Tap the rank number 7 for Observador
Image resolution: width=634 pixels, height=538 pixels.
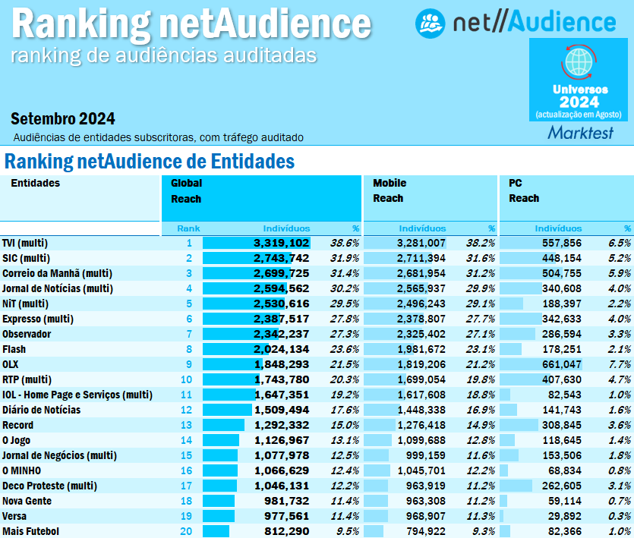pyautogui.click(x=189, y=334)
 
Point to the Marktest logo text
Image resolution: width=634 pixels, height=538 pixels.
pyautogui.click(x=581, y=133)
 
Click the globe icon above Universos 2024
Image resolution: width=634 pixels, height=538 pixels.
pyautogui.click(x=580, y=61)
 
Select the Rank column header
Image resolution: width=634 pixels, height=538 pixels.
pyautogui.click(x=188, y=228)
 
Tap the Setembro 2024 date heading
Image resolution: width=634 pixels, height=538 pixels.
pyautogui.click(x=63, y=119)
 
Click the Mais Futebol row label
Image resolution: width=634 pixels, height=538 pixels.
pyautogui.click(x=30, y=531)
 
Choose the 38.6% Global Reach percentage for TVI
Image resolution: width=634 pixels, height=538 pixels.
pyautogui.click(x=345, y=243)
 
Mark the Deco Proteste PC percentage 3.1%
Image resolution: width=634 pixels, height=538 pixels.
pyautogui.click(x=620, y=486)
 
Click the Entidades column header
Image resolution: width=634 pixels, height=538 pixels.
pyautogui.click(x=35, y=183)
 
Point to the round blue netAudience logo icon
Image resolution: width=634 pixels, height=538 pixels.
pyautogui.click(x=431, y=23)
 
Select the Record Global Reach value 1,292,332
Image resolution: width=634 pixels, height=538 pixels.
pyautogui.click(x=281, y=425)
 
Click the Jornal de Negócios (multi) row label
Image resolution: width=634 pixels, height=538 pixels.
pyautogui.click(x=59, y=455)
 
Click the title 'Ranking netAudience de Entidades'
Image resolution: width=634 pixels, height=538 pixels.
pyautogui.click(x=150, y=162)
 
